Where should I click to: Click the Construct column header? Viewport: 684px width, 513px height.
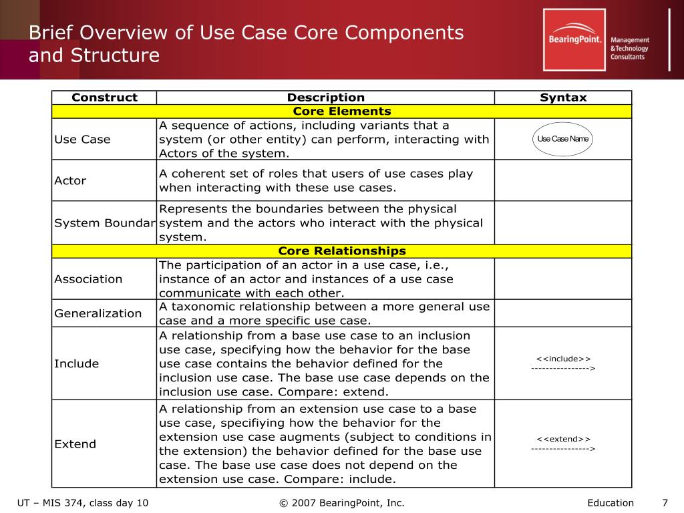pos(104,98)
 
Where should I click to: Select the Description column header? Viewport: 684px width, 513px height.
pos(326,98)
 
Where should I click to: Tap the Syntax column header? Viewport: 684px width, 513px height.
pos(563,98)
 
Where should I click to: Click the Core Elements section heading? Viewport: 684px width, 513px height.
pos(341,112)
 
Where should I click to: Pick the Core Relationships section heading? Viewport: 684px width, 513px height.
pos(341,251)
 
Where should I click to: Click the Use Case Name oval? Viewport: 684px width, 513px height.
pos(563,139)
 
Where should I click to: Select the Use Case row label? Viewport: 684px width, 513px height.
pos(82,140)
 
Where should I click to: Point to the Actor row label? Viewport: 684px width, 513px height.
pos(70,180)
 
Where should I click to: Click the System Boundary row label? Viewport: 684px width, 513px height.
pos(104,223)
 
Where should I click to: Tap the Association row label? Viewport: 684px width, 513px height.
pos(88,279)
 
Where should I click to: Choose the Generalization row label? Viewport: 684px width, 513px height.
pos(98,313)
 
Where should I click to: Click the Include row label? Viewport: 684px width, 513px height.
pos(76,363)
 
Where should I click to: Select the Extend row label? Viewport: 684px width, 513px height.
pos(75,444)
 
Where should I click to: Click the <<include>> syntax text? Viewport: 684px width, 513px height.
pos(563,359)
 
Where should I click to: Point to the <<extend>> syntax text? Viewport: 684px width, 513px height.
pos(563,439)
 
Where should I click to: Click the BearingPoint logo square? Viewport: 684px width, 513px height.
pos(574,39)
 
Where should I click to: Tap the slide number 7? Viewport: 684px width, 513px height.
pos(665,503)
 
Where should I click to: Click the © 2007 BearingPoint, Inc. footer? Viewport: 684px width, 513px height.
pos(341,503)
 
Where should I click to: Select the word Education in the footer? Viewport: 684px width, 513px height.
pos(611,503)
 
